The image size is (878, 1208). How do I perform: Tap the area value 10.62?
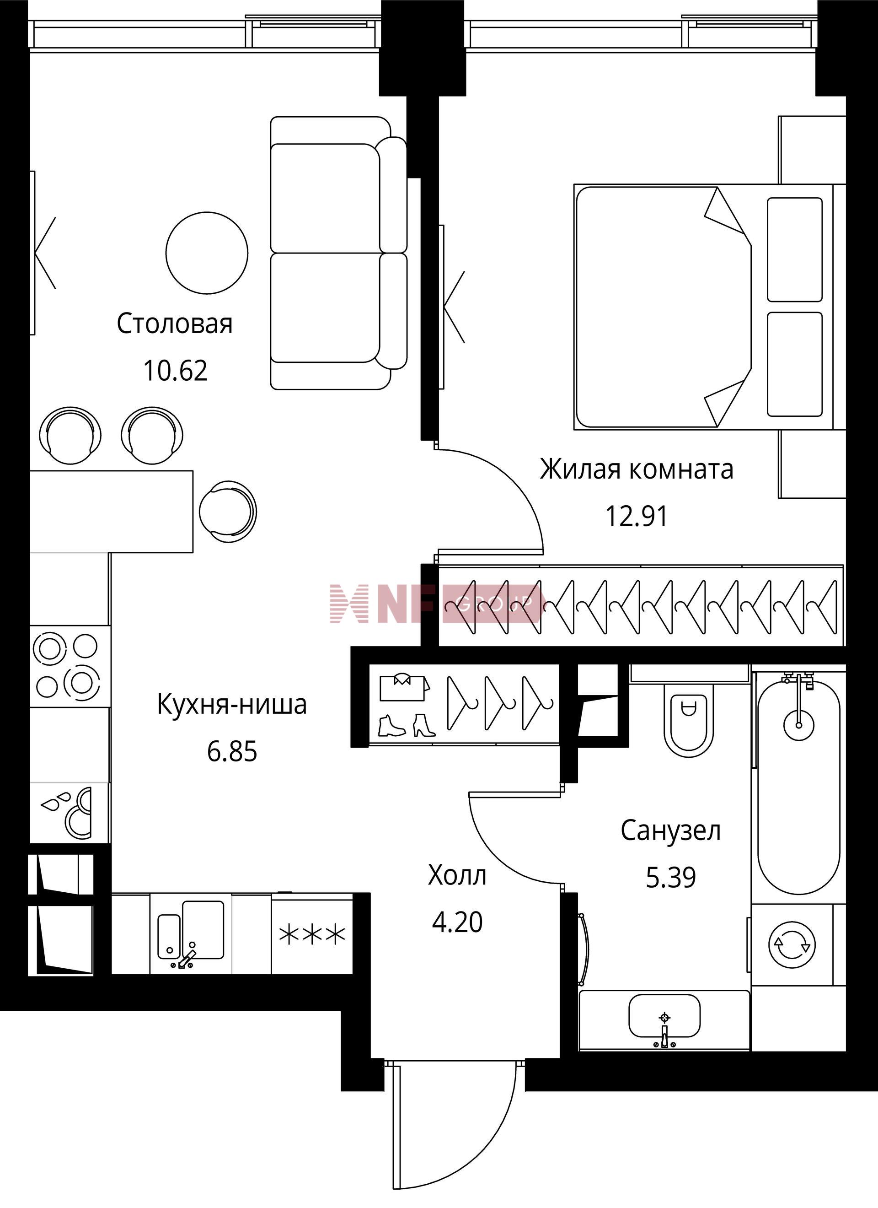click(175, 371)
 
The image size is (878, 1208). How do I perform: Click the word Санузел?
click(670, 831)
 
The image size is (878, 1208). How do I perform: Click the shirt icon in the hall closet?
click(404, 686)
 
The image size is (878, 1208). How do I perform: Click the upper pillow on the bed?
click(794, 249)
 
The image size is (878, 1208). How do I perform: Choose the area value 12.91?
click(636, 516)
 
